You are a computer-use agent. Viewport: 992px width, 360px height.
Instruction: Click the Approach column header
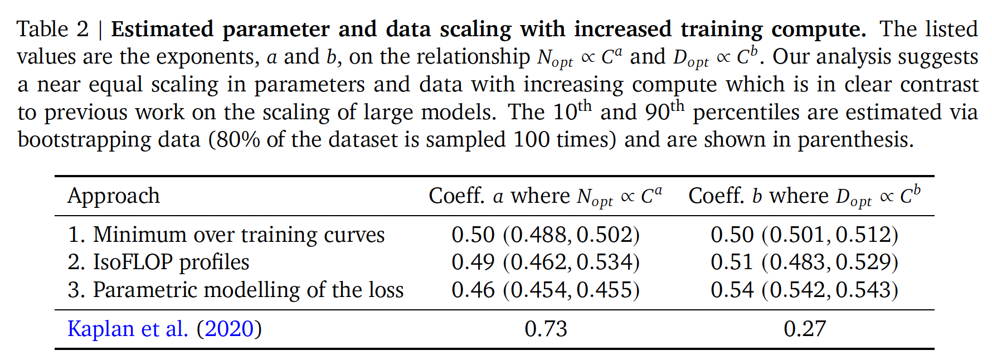114,196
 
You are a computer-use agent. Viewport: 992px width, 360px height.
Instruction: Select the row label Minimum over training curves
226,235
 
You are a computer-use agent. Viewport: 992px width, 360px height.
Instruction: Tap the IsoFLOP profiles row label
158,262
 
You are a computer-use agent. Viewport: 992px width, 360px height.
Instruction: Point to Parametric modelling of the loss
235,290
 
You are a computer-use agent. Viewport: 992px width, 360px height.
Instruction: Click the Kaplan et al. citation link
164,329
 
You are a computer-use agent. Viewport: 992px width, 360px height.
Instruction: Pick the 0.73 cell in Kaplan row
546,329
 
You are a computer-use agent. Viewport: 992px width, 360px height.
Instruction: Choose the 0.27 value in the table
804,329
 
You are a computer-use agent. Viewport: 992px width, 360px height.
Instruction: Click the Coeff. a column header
545,196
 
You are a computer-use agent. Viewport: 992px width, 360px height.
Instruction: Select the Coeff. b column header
804,196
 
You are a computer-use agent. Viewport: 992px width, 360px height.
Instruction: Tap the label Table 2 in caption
52,30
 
